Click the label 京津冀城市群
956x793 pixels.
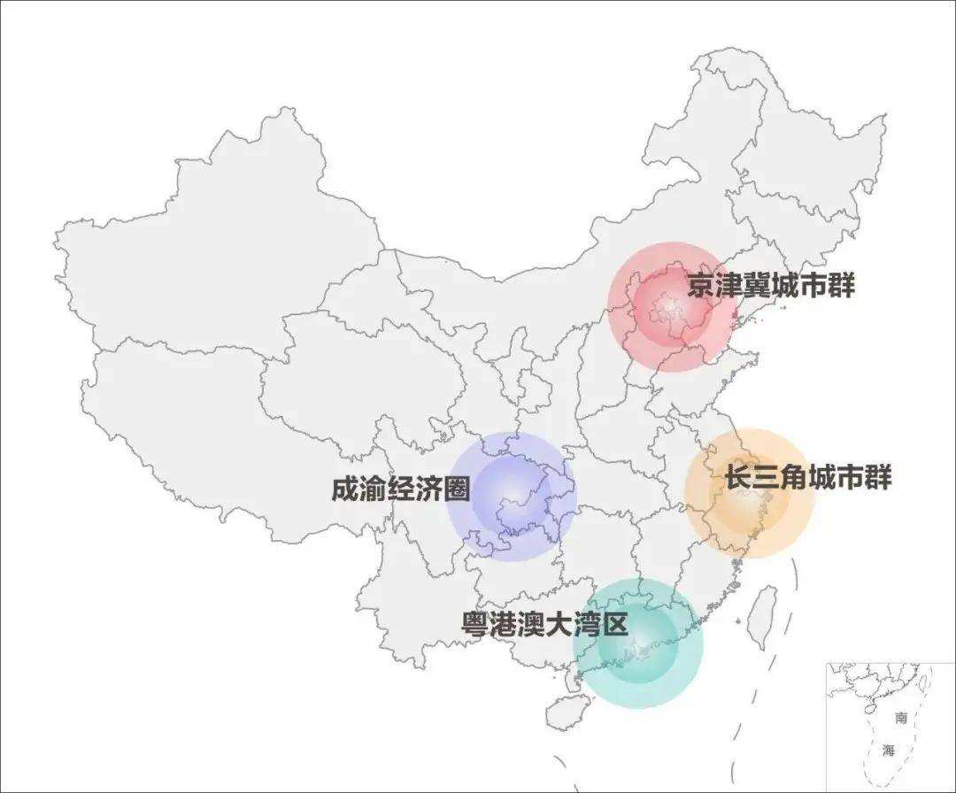coord(771,286)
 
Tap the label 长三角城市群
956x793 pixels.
coord(807,478)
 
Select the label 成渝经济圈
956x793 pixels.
coord(401,489)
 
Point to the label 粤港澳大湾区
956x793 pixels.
coord(544,624)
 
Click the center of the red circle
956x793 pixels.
coord(672,306)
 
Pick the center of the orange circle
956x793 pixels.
coord(750,493)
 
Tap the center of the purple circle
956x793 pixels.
coord(512,497)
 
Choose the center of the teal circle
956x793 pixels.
coord(637,643)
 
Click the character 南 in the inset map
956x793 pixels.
coord(901,718)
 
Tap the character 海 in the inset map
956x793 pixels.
coord(889,751)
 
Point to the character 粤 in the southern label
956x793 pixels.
coord(475,624)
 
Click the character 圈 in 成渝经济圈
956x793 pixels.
coord(456,489)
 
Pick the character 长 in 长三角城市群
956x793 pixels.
coord(738,478)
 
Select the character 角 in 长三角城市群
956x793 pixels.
coord(794,478)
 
